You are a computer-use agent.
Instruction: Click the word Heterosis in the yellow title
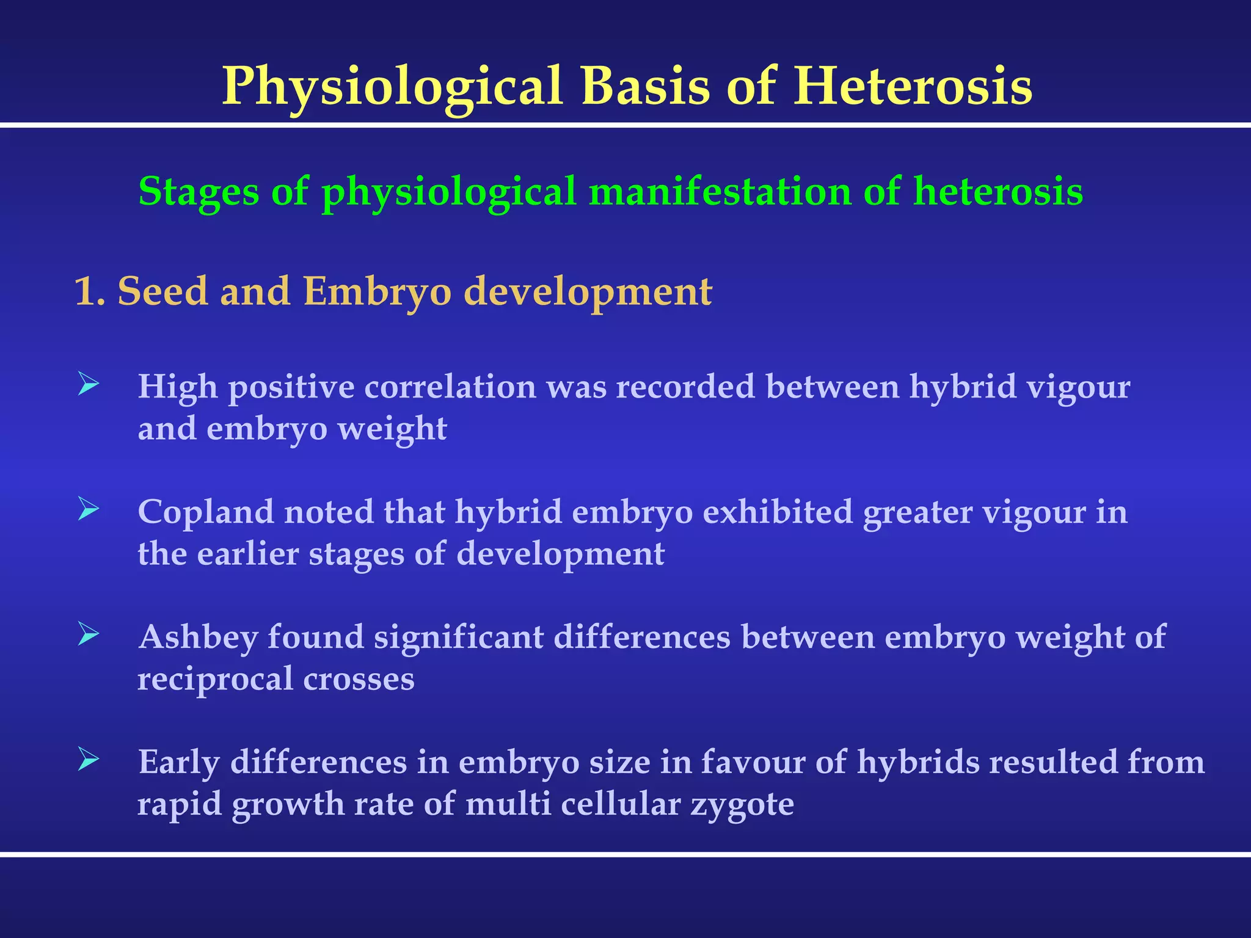pyautogui.click(x=913, y=87)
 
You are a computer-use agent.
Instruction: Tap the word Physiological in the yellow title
pyautogui.click(x=392, y=87)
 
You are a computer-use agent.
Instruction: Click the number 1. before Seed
pyautogui.click(x=89, y=291)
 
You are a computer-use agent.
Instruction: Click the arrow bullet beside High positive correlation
pyautogui.click(x=89, y=385)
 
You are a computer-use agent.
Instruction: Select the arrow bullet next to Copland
pyautogui.click(x=89, y=509)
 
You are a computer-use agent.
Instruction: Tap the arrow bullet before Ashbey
pyautogui.click(x=89, y=634)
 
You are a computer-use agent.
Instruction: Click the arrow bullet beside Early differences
pyautogui.click(x=89, y=760)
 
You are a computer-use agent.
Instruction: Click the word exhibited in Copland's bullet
pyautogui.click(x=778, y=512)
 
